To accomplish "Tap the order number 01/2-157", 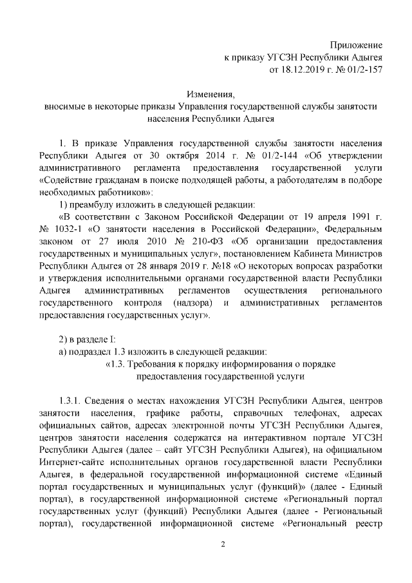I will tap(362, 69).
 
